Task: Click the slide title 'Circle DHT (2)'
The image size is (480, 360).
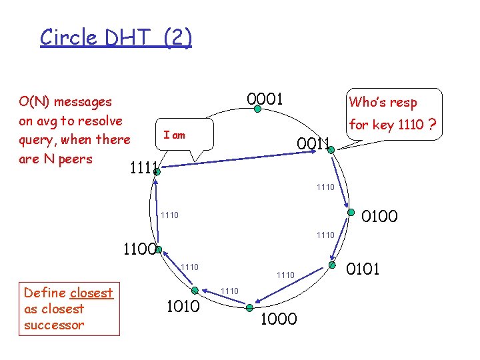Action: [116, 37]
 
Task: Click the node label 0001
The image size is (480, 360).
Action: [265, 99]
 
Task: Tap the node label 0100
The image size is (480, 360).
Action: [379, 216]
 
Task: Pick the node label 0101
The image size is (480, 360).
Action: [363, 269]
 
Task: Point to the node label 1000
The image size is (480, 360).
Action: [279, 320]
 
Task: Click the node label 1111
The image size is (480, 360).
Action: [144, 167]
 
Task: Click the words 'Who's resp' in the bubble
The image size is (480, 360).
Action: [383, 102]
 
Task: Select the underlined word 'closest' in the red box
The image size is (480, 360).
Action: [91, 293]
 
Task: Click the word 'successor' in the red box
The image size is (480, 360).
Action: [54, 325]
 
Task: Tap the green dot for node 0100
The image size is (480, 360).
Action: [351, 213]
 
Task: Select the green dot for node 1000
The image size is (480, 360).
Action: [249, 307]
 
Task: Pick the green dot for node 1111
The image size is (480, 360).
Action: [157, 171]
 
